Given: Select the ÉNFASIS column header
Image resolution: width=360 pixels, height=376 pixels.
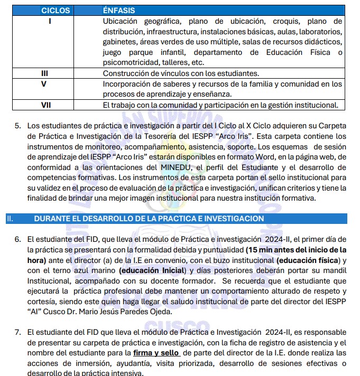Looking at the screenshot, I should pos(119,10).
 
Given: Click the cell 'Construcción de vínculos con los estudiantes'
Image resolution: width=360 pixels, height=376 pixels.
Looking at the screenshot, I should pos(181,73).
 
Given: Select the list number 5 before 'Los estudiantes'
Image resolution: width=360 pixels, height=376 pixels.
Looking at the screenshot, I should pos(17,126).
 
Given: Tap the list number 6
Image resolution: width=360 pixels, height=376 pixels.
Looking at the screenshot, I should pos(17,239).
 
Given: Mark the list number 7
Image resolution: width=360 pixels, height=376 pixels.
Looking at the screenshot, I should pos(17,332).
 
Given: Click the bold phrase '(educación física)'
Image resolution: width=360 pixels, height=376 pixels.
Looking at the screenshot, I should pos(307,260).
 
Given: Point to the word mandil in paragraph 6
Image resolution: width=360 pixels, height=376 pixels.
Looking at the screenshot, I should pos(336,270).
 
